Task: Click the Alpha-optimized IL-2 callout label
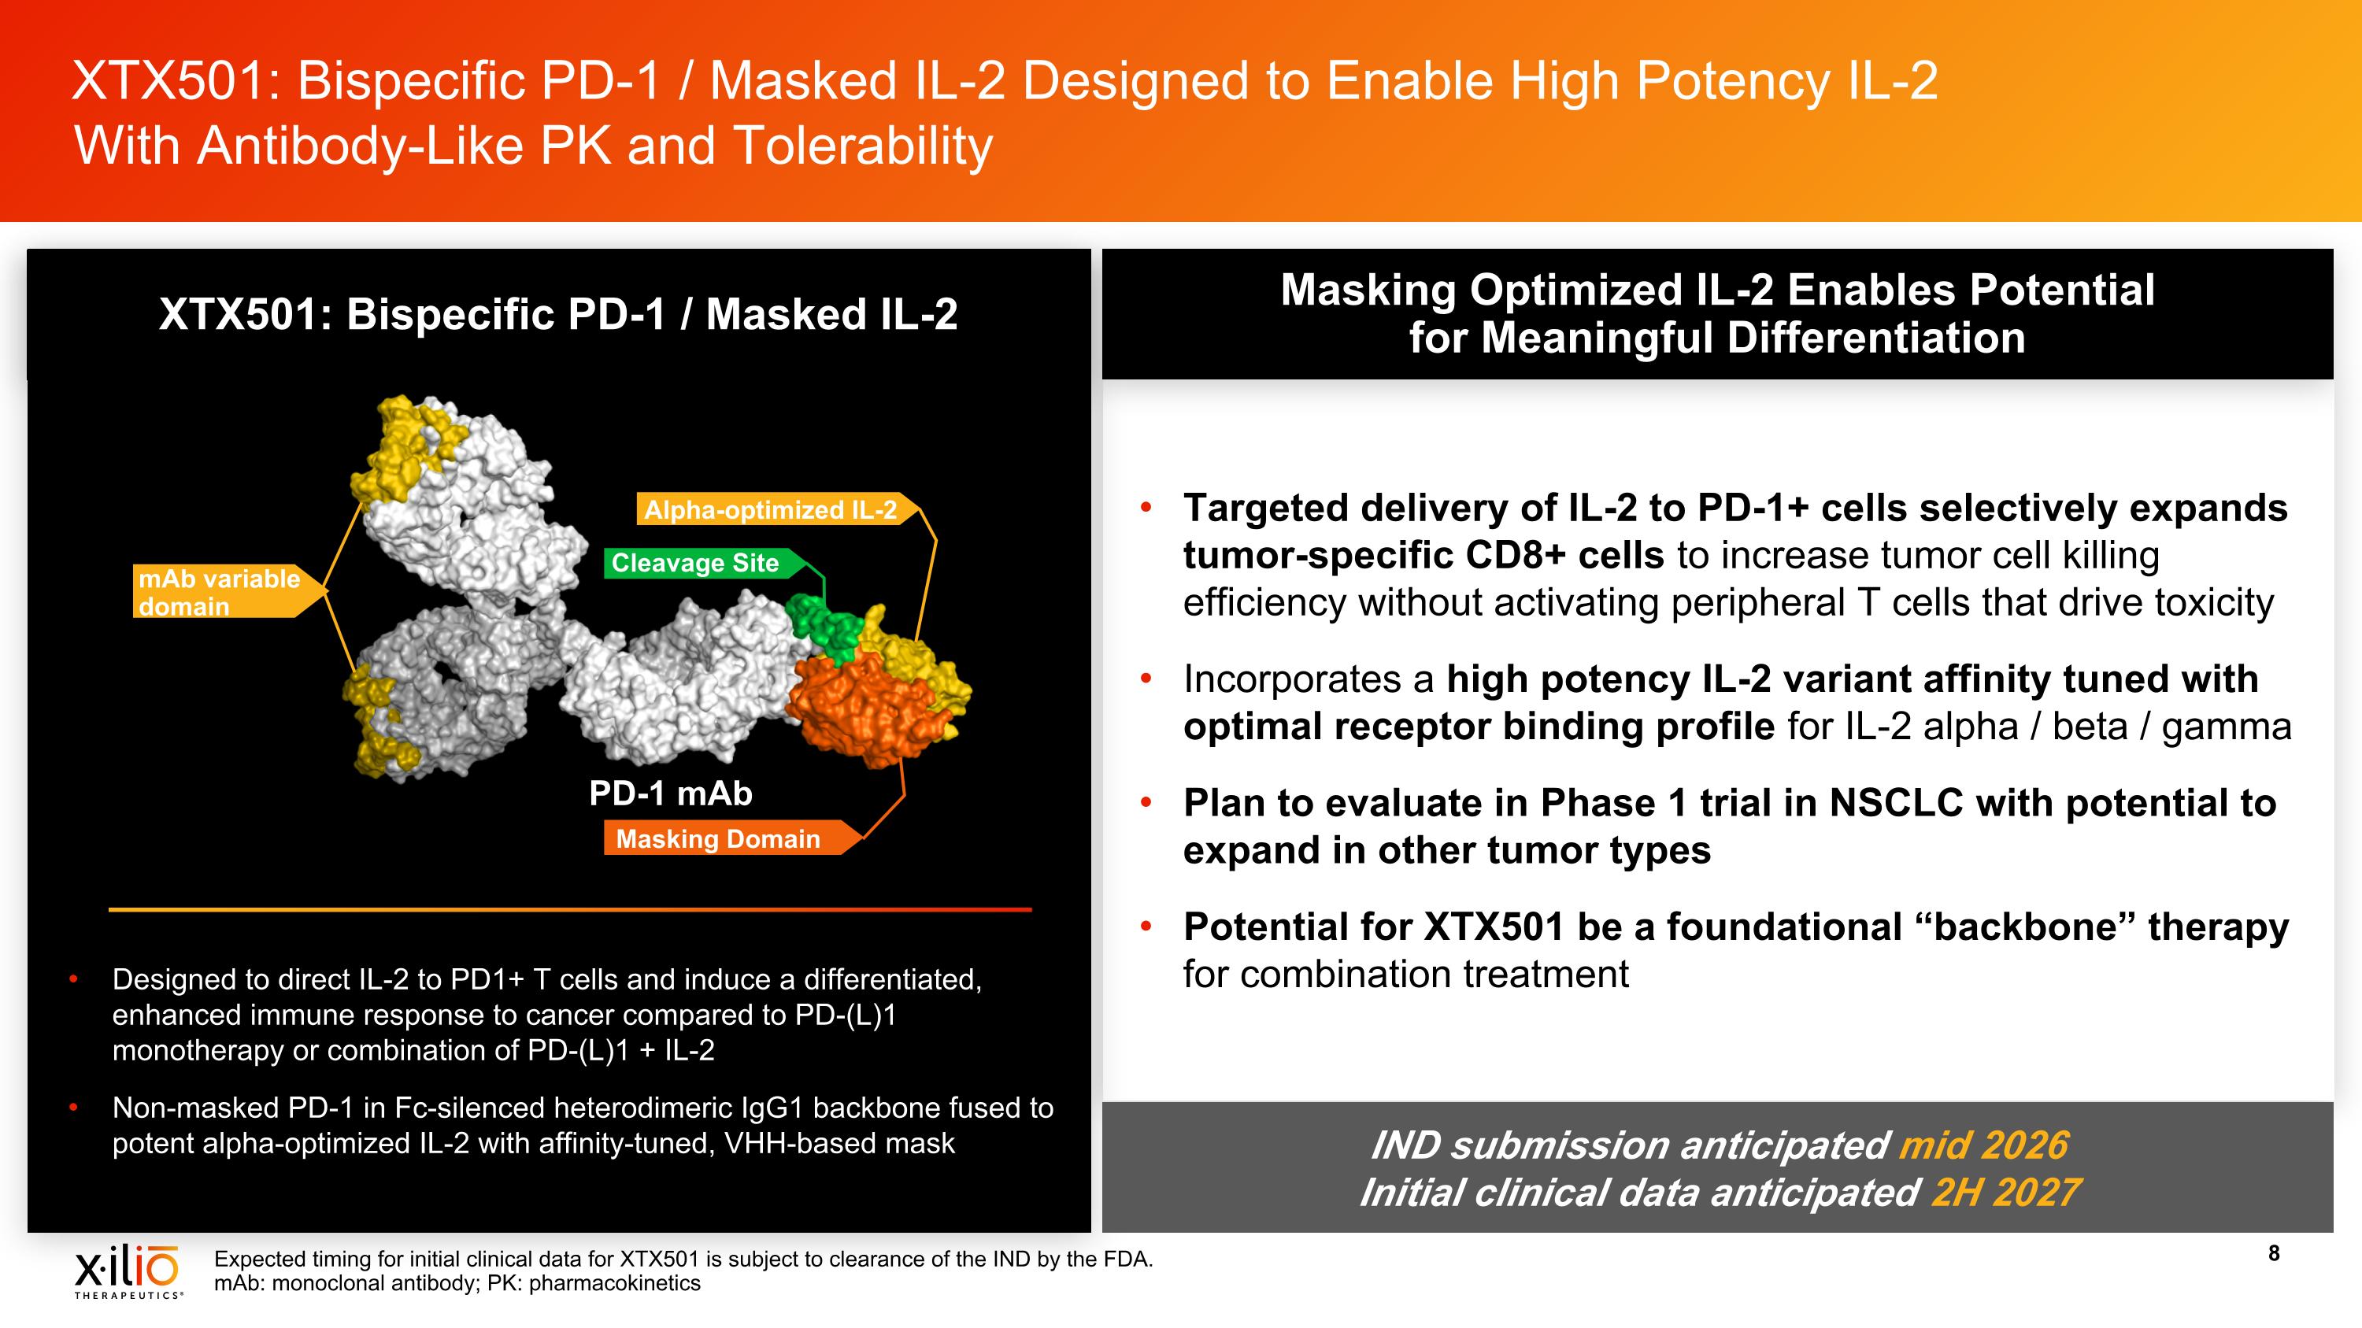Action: [x=770, y=509]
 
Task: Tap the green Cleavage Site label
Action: [x=695, y=563]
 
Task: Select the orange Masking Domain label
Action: [x=718, y=838]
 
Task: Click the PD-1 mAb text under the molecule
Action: [x=670, y=793]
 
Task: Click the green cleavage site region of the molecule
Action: [x=824, y=627]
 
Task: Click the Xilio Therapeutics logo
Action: [x=128, y=1271]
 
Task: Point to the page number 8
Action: [x=2274, y=1254]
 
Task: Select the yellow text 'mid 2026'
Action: [x=1983, y=1145]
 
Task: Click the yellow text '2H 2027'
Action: [x=2005, y=1193]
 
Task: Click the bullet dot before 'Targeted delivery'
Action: [x=1146, y=507]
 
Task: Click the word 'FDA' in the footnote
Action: [x=1127, y=1260]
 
